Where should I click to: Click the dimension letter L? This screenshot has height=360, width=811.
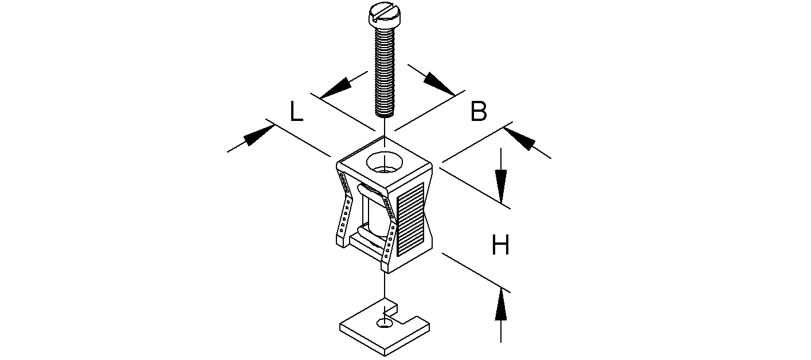click(296, 112)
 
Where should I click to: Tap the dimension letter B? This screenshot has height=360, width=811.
click(479, 112)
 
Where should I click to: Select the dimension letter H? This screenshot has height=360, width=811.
click(500, 246)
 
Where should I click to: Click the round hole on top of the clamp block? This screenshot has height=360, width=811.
click(385, 162)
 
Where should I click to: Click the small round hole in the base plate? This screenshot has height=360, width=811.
click(383, 324)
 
